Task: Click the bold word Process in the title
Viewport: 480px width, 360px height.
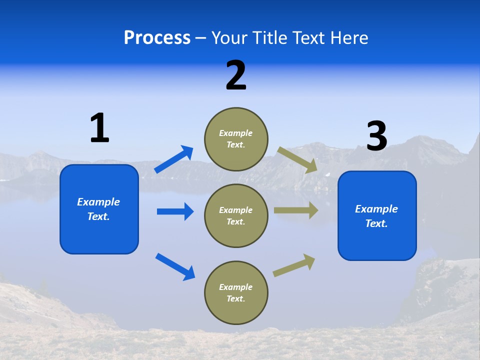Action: point(157,37)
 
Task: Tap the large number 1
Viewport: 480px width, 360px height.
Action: point(99,128)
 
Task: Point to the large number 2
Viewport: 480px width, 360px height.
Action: point(236,75)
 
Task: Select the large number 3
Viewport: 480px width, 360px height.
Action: point(376,136)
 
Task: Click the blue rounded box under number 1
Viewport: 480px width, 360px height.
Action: point(99,209)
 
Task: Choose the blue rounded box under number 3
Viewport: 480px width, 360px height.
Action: point(377,215)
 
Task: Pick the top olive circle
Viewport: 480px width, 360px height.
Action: point(236,139)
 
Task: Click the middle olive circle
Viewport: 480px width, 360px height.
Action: point(236,215)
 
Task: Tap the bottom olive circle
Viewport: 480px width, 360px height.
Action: point(236,292)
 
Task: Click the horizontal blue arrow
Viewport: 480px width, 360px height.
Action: point(175,211)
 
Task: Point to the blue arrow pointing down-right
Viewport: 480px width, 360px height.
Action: point(175,266)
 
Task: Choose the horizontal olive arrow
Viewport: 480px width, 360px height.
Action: point(296,210)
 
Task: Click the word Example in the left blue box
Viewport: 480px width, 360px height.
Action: point(98,202)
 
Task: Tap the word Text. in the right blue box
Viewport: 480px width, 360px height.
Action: point(376,223)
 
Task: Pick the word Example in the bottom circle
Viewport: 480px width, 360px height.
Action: point(235,287)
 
